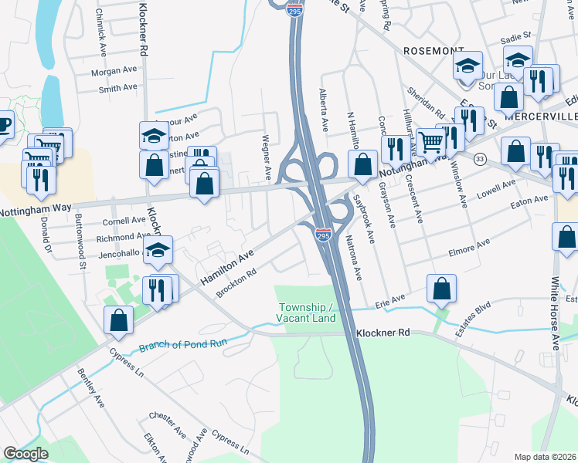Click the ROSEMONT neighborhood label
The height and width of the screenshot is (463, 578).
tap(433, 50)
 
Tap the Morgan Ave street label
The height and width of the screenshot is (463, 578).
tap(113, 71)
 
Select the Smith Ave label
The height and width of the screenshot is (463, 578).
tap(117, 89)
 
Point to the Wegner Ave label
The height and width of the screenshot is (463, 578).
tap(267, 154)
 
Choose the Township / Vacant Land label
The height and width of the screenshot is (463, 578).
tap(307, 313)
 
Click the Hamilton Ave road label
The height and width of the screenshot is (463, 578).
tap(228, 266)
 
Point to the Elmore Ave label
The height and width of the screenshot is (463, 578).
tap(469, 248)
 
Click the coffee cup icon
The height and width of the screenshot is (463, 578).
tap(4, 124)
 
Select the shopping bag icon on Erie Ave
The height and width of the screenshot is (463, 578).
tap(440, 290)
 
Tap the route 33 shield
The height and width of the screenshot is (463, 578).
tap(481, 158)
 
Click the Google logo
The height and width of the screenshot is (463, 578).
tap(26, 453)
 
